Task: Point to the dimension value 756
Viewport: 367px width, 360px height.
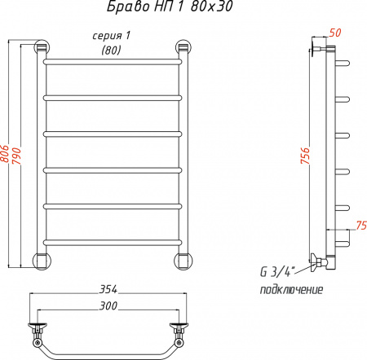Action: tap(305, 155)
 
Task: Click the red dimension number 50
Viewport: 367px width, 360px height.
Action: tap(335, 33)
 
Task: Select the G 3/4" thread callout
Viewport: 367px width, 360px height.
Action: tap(277, 272)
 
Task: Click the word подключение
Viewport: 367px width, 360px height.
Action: tap(291, 290)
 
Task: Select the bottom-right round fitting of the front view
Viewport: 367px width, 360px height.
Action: tap(183, 260)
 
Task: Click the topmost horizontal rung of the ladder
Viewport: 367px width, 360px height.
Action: tap(112, 61)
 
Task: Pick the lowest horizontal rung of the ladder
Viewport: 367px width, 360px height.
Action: tap(112, 240)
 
